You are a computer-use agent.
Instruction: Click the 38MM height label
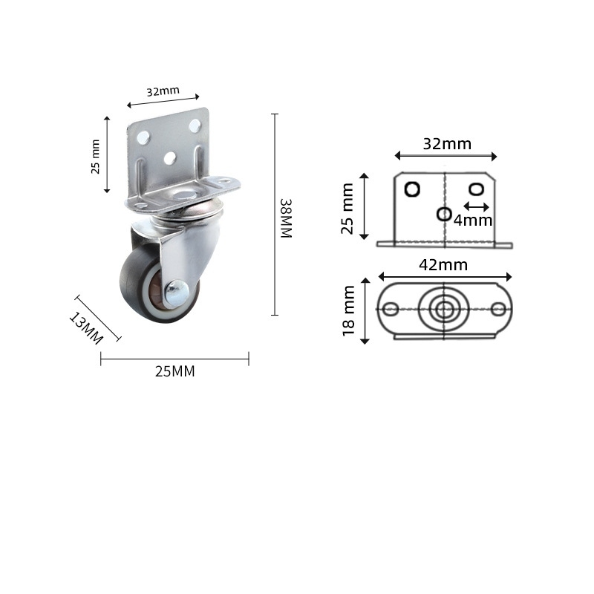coord(286,218)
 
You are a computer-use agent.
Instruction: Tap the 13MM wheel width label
coord(85,328)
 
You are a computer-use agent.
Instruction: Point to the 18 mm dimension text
coord(349,311)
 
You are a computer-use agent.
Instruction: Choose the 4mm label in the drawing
coord(473,221)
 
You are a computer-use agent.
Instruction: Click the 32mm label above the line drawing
coord(447,144)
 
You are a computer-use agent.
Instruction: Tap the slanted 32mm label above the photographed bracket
coord(163,91)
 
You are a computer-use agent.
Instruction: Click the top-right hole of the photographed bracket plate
coord(195,125)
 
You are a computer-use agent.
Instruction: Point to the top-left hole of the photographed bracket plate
coord(144,137)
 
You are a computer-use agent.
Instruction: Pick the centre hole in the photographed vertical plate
coord(170,157)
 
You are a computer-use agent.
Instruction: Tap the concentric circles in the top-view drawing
coord(444,310)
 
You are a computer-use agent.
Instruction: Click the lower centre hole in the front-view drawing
coord(444,214)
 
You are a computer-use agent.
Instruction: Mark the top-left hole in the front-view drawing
coord(412,189)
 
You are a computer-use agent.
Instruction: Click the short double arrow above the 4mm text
coord(476,206)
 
